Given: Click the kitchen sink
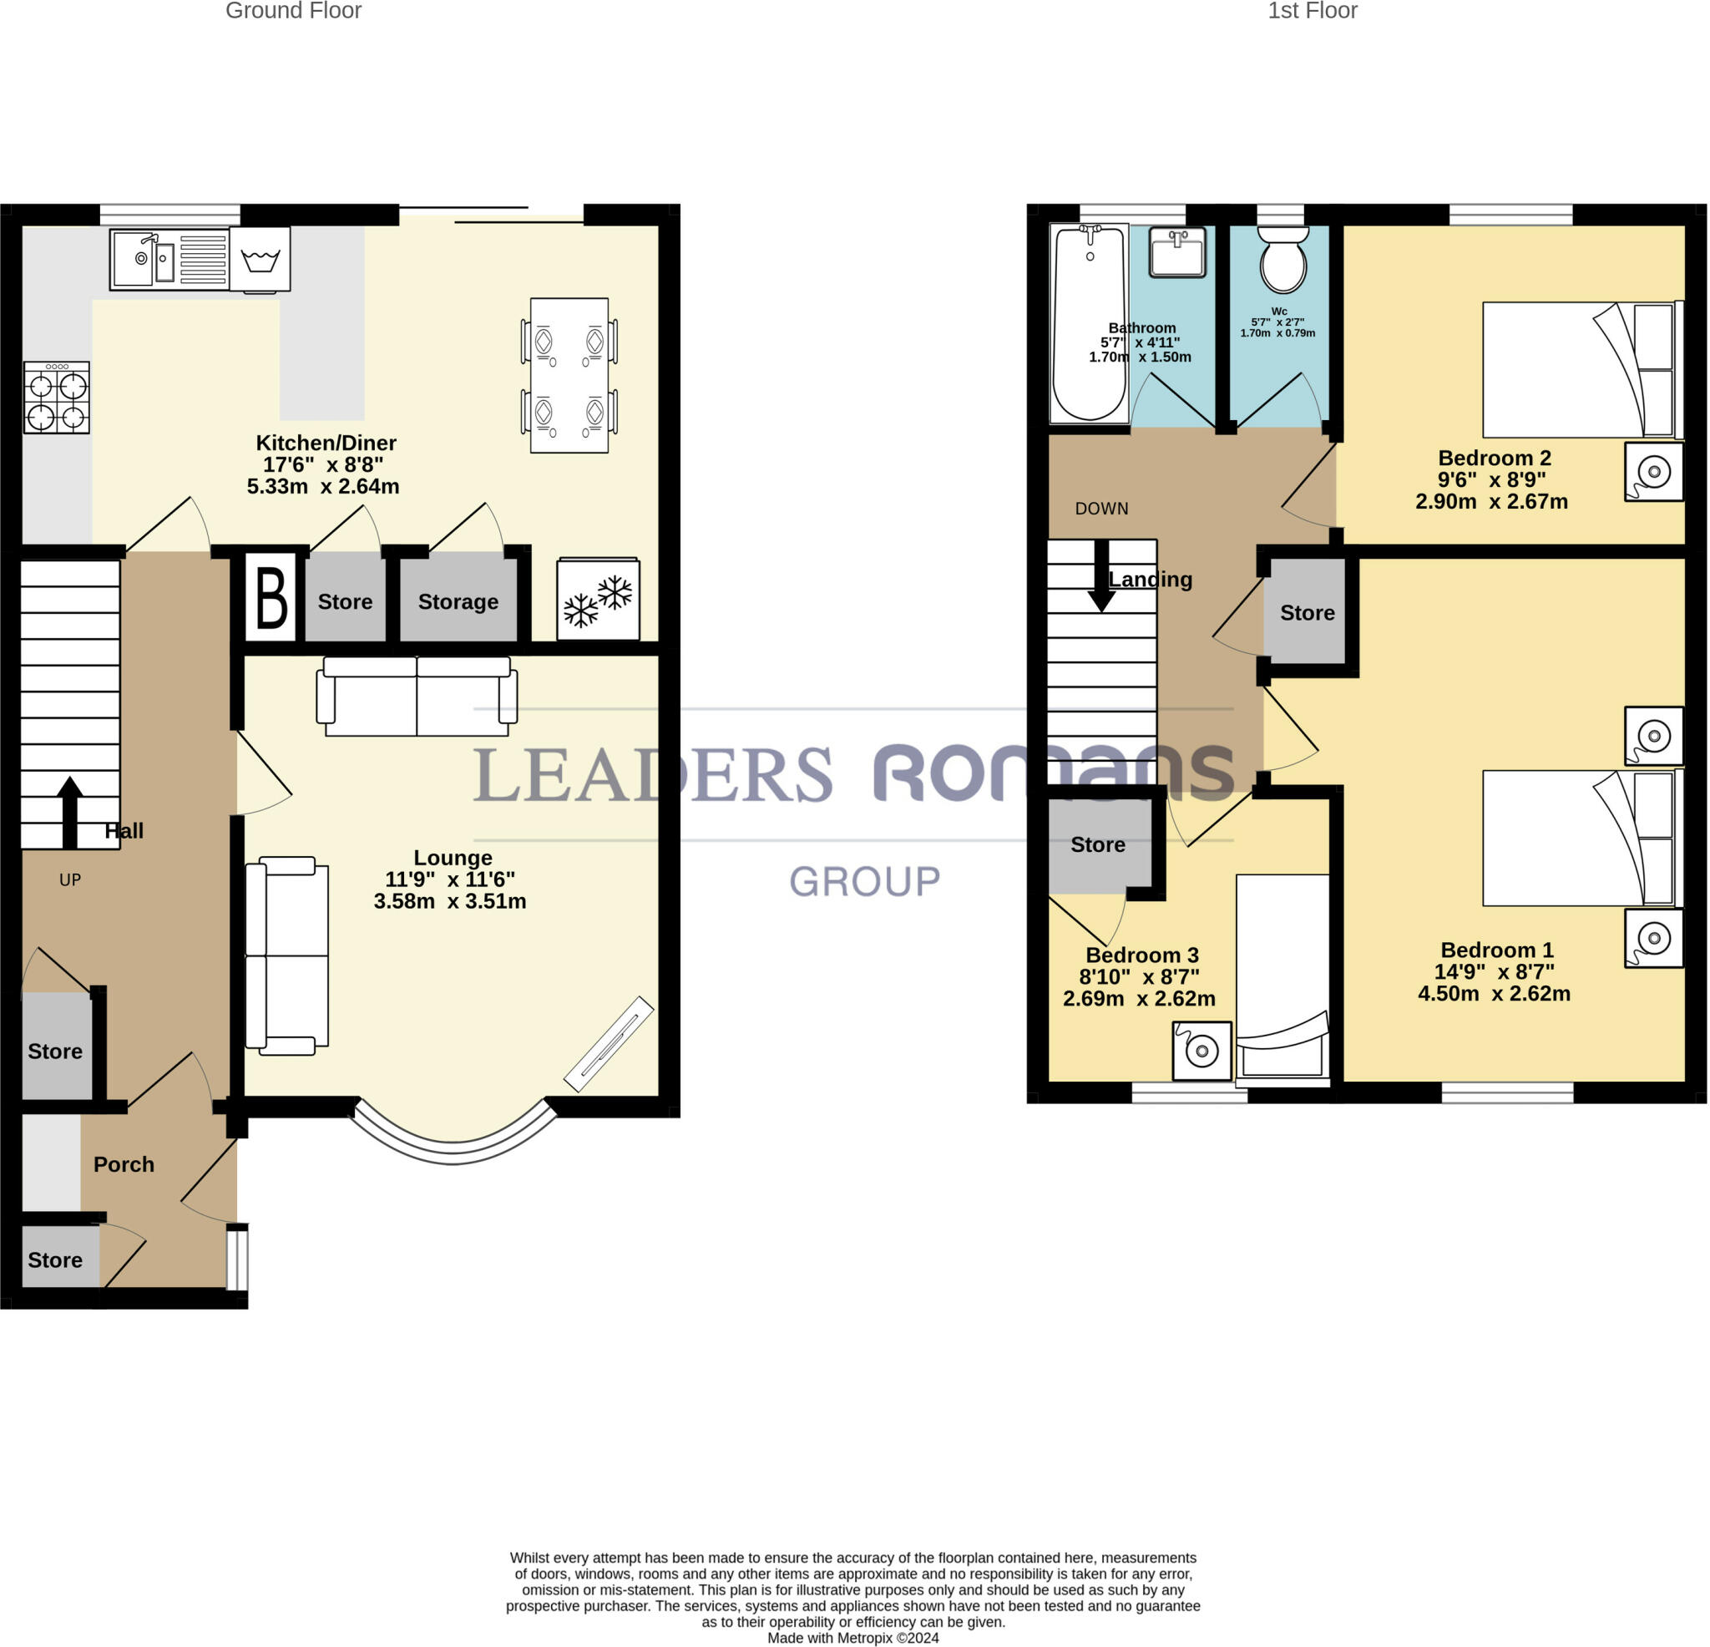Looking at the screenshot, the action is [169, 258].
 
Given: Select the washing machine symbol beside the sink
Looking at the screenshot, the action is [260, 259].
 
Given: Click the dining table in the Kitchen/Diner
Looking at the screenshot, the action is [569, 375].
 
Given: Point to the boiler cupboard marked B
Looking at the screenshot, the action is [271, 598].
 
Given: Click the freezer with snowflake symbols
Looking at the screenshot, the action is [599, 599].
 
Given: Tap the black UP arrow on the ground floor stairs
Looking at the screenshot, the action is [70, 813].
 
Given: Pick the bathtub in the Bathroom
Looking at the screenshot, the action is [1090, 324].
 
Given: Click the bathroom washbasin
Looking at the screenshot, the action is [1178, 252].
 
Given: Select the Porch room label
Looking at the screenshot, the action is [124, 1164].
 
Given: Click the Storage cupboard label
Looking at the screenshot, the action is [458, 601].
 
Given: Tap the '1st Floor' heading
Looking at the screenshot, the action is [1313, 12].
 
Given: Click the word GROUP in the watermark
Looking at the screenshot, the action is [864, 881].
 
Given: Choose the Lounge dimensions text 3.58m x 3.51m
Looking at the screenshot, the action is [450, 902].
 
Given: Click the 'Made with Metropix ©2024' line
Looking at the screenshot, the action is [853, 1639].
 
